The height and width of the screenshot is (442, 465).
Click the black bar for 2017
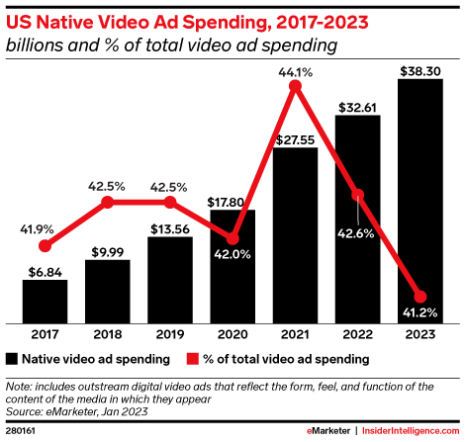click(x=45, y=301)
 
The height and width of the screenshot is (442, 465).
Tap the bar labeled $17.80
click(x=232, y=266)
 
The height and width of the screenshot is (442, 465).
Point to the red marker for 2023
click(x=420, y=297)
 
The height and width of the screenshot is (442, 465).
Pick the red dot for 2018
click(x=107, y=202)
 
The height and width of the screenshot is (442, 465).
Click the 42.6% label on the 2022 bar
click(x=358, y=260)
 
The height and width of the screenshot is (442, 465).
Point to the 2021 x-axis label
click(x=295, y=334)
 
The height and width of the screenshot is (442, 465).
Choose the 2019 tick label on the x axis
click(x=169, y=334)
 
